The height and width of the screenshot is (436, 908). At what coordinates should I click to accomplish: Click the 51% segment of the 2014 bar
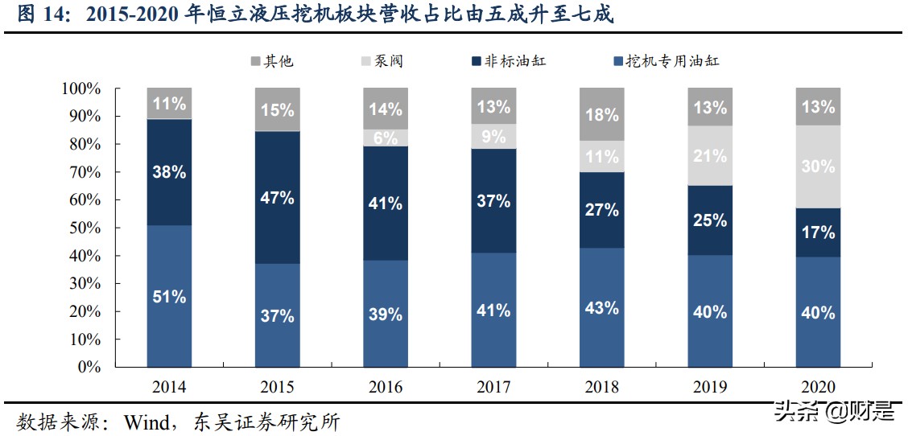coord(169,296)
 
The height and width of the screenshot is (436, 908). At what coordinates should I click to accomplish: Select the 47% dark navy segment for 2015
coord(277,198)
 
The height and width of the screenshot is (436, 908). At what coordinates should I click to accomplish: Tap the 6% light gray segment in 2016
coord(385,138)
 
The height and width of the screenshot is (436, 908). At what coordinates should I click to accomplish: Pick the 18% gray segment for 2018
coord(601,114)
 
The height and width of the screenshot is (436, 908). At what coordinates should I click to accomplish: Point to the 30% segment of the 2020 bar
coord(818,167)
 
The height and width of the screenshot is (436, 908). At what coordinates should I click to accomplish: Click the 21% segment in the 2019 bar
coord(709,155)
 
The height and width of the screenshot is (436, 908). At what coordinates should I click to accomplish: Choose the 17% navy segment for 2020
coord(818,232)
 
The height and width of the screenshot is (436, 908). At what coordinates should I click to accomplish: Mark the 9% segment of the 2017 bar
coord(493,136)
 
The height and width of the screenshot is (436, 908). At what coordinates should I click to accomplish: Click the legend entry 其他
coord(271,61)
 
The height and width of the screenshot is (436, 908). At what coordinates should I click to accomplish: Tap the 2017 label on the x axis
coord(493,387)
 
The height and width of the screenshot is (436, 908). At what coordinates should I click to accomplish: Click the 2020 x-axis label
coord(818,387)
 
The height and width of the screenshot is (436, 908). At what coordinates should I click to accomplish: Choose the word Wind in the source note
coord(146,421)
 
